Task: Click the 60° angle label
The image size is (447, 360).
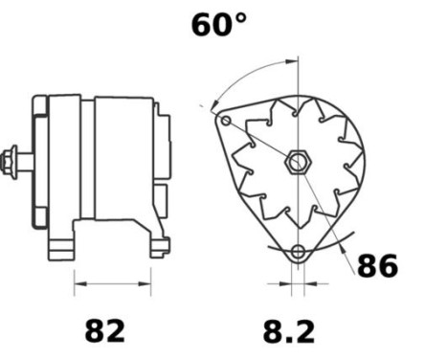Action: click(218, 24)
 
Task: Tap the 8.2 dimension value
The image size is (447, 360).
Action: click(289, 331)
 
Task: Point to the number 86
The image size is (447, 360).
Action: click(377, 265)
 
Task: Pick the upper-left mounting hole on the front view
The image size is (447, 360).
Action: click(226, 122)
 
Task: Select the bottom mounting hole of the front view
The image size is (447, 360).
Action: click(298, 254)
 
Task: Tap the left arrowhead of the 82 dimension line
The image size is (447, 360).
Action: click(78, 284)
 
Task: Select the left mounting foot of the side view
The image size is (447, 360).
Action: click(63, 249)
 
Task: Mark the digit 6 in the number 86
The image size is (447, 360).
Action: click(389, 265)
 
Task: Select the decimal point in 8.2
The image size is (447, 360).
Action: click(286, 341)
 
